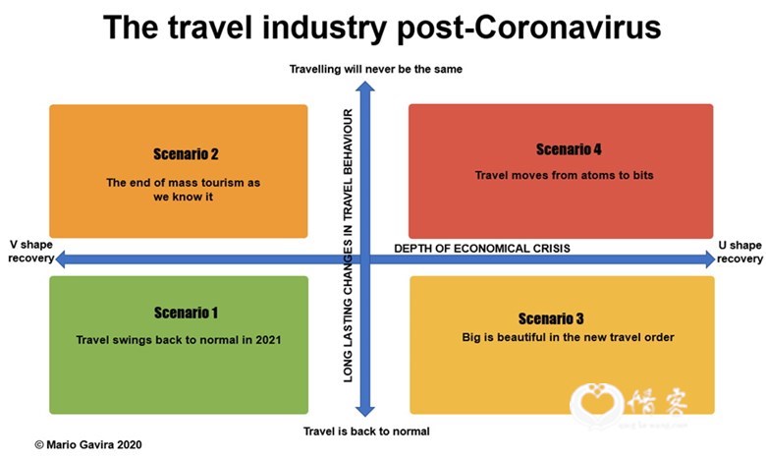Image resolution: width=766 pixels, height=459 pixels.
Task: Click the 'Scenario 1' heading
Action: click(x=187, y=313)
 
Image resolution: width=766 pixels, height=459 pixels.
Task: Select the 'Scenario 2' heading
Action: click(x=187, y=154)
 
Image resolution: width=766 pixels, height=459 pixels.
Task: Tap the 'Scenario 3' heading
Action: click(x=551, y=318)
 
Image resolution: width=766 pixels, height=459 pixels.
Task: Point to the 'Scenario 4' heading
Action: click(x=569, y=149)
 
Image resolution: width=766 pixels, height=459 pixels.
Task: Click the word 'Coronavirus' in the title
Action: click(x=568, y=27)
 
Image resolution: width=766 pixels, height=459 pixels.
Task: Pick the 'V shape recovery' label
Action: click(x=30, y=252)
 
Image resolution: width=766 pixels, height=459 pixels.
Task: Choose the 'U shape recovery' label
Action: click(x=739, y=252)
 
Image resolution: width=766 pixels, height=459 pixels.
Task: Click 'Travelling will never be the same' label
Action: click(x=376, y=69)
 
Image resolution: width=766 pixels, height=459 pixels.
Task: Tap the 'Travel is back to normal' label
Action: click(x=366, y=431)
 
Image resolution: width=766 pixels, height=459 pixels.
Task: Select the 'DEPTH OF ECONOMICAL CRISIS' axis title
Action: click(x=482, y=249)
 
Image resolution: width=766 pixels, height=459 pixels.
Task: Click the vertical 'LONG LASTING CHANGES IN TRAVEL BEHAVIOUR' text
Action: click(x=348, y=246)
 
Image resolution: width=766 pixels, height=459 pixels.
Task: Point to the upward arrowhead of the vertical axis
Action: click(x=365, y=87)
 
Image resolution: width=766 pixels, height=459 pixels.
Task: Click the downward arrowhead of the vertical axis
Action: click(x=365, y=411)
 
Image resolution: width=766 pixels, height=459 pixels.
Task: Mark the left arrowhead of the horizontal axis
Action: click(x=61, y=259)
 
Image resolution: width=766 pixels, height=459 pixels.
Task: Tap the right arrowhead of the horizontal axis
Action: click(x=710, y=259)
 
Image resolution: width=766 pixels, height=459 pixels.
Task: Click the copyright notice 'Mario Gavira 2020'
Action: click(x=88, y=445)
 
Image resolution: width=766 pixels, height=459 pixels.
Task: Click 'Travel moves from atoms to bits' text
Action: click(x=565, y=175)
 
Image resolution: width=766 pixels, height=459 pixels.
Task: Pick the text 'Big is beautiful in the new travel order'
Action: click(x=569, y=337)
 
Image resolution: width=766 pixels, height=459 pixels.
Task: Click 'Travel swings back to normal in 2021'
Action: click(x=179, y=340)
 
